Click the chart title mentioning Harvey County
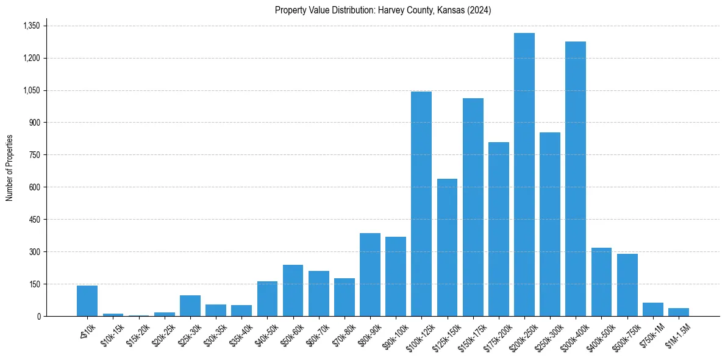(x=383, y=10)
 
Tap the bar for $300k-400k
(x=575, y=179)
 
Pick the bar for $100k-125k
(x=421, y=204)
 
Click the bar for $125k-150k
(x=447, y=247)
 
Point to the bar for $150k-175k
(x=473, y=207)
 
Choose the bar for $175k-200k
(x=498, y=229)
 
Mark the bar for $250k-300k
(x=549, y=224)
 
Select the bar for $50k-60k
(x=293, y=290)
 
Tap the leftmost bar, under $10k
(x=87, y=301)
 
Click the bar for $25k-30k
(x=190, y=306)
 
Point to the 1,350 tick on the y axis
(x=31, y=26)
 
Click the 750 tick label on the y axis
(x=34, y=155)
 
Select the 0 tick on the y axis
(x=38, y=316)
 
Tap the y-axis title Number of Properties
(x=10, y=168)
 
